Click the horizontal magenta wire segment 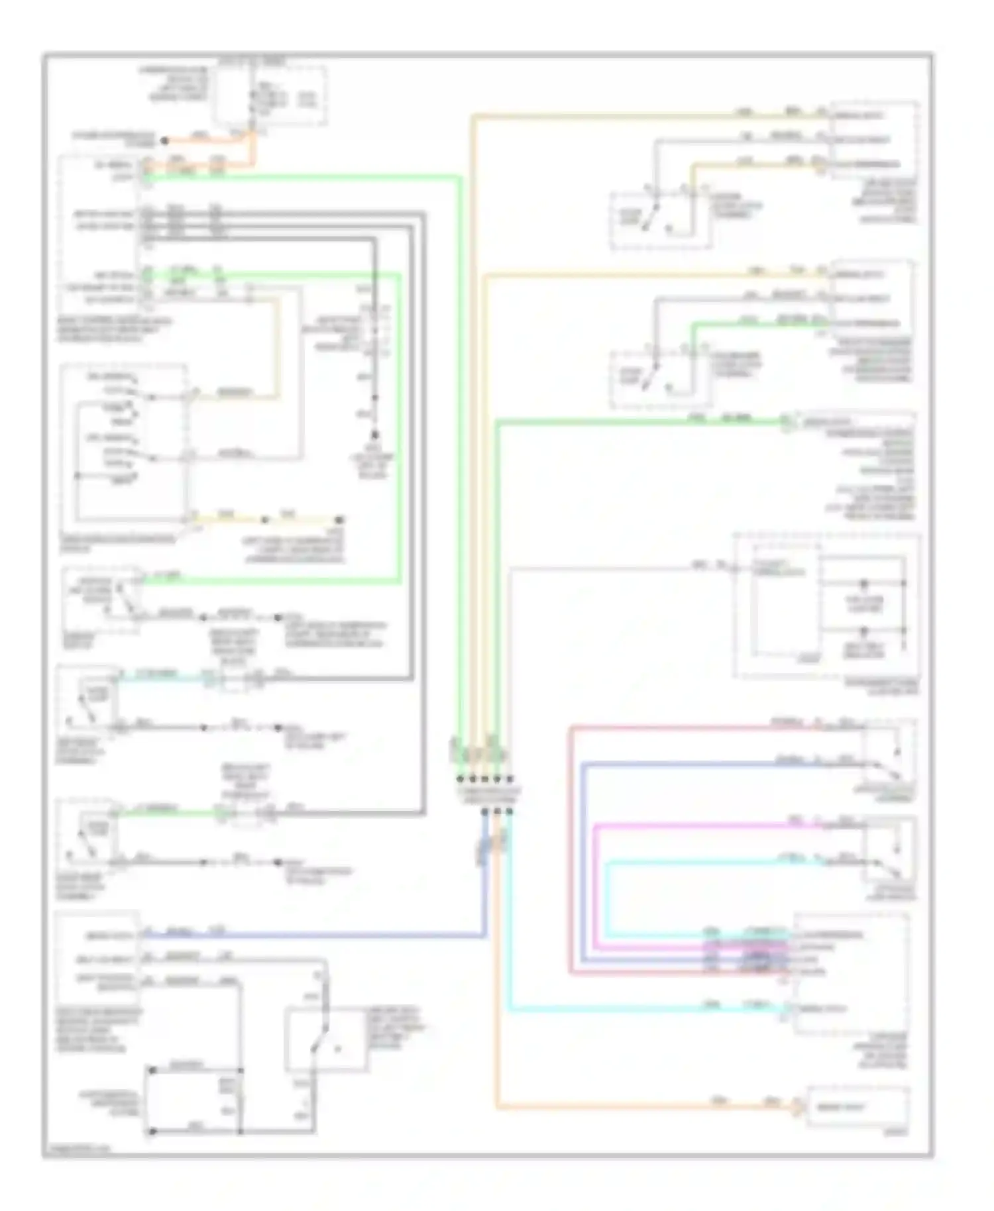tap(696, 825)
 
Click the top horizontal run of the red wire tap(696, 728)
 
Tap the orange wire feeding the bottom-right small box tap(630, 1106)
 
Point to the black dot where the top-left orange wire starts tap(165, 140)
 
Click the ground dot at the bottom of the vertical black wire tap(374, 435)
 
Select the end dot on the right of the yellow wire tap(339, 519)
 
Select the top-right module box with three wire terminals tap(873, 139)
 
